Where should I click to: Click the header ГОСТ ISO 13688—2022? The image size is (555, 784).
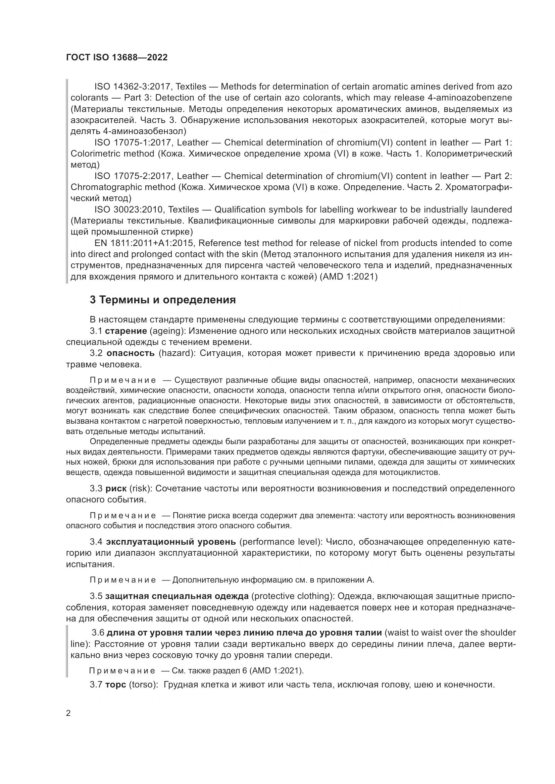pyautogui.click(x=116, y=57)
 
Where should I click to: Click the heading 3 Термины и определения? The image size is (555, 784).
pyautogui.click(x=163, y=300)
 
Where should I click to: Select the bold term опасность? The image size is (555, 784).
pyautogui.click(x=131, y=353)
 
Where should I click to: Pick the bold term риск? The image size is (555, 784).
pyautogui.click(x=116, y=488)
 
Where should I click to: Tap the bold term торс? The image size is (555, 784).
pyautogui.click(x=115, y=684)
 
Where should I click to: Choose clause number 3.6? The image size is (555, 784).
pyautogui.click(x=98, y=632)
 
